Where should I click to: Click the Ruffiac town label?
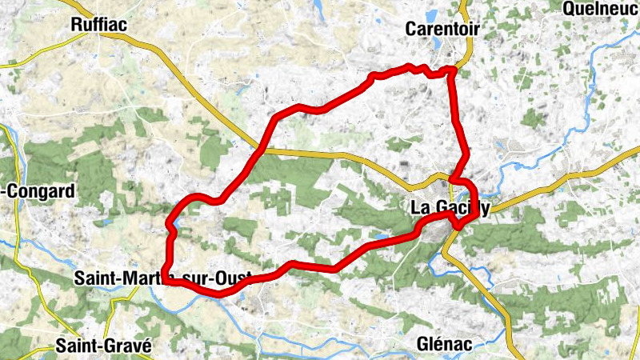[x=99, y=25]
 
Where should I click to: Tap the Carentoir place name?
[x=442, y=29]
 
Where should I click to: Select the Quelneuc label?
[x=601, y=9]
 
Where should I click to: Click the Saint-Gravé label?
[x=103, y=346]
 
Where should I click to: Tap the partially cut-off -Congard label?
[x=39, y=191]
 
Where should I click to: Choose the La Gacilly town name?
[x=449, y=207]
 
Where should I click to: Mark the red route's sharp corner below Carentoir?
[x=452, y=70]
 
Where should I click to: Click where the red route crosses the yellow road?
[x=262, y=149]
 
